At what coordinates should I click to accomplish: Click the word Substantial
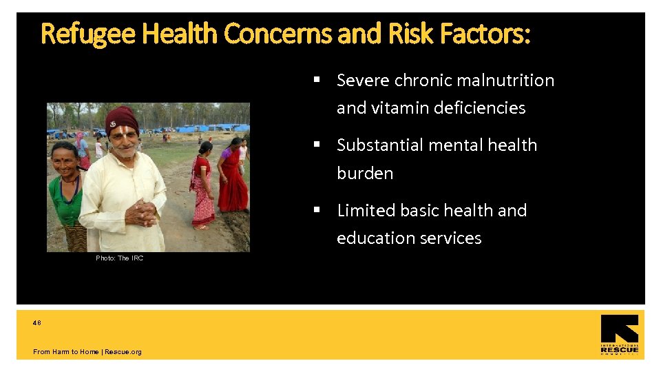(381, 145)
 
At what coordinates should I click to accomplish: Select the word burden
(365, 173)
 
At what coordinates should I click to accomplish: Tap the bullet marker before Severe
(317, 80)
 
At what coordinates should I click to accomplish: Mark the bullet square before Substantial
(317, 145)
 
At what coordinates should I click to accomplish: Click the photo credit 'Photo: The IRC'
(119, 258)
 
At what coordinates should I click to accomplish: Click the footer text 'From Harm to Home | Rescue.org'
(87, 352)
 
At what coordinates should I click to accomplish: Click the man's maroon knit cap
(123, 118)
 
